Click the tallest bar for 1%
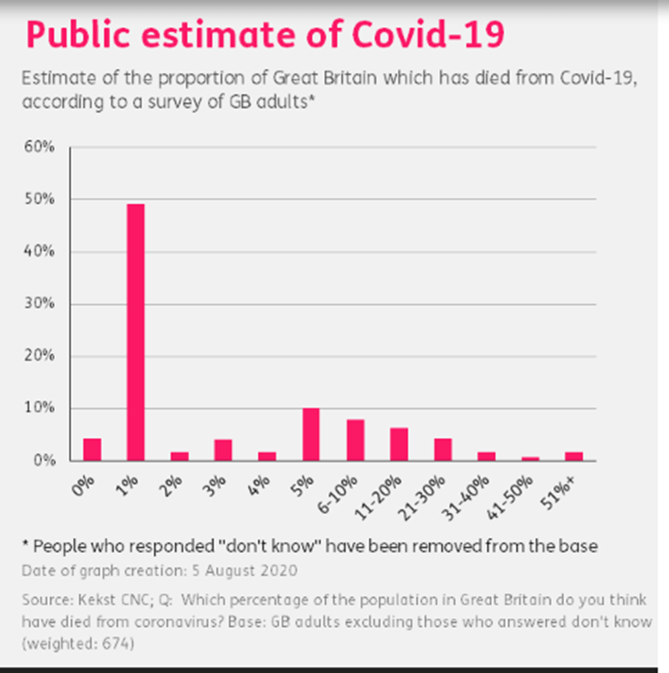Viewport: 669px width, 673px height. point(136,332)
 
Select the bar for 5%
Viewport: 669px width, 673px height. point(311,434)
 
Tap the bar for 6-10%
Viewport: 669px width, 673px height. point(354,439)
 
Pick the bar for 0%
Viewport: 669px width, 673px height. point(92,449)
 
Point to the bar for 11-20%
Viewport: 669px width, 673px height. point(399,444)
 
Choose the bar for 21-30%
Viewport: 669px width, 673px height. point(442,449)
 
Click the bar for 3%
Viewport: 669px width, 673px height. point(223,450)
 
